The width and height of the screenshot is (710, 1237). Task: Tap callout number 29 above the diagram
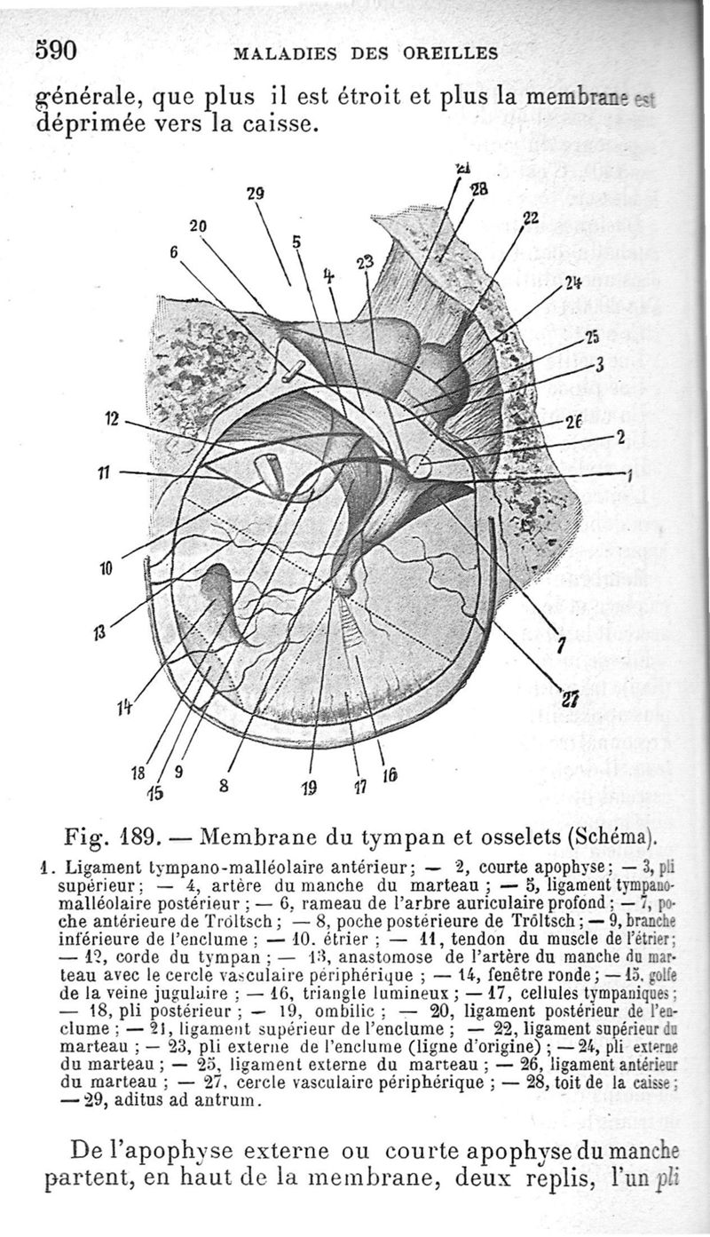point(256,193)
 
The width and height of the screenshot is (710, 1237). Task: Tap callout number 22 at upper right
point(531,218)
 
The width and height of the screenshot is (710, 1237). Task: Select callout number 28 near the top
point(479,190)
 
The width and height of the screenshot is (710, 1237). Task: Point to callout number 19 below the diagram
point(311,785)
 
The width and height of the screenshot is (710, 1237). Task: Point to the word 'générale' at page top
point(84,94)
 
